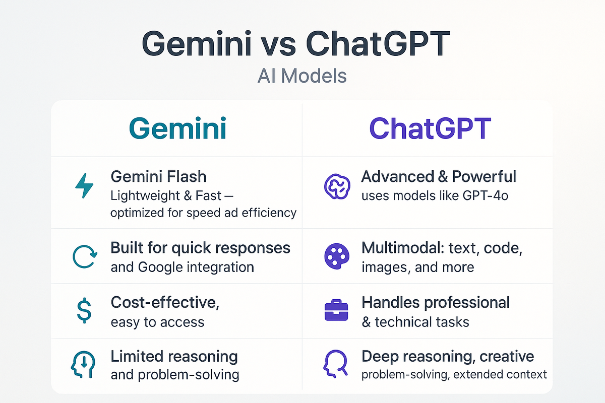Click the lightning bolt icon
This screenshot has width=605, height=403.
(84, 186)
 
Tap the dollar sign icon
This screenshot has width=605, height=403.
(84, 310)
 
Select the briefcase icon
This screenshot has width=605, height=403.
(336, 310)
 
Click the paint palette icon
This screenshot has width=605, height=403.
(337, 256)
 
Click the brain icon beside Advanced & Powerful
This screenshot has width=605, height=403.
(337, 186)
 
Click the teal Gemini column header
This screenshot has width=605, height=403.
(177, 128)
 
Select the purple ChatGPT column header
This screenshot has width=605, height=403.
(430, 128)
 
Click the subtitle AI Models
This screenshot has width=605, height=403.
(302, 76)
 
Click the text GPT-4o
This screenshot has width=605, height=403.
(486, 195)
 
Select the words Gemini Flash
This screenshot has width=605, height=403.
(158, 176)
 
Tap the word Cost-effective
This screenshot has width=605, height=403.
(165, 302)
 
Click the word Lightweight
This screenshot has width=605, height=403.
(145, 196)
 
